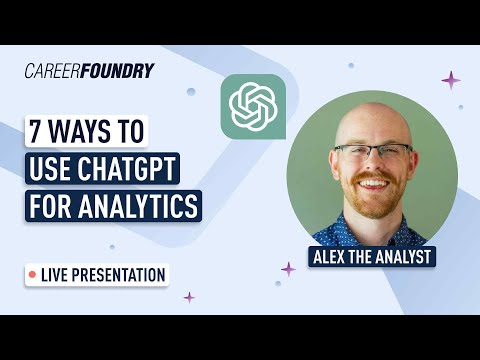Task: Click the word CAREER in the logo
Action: click(x=49, y=71)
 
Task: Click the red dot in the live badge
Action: click(x=33, y=273)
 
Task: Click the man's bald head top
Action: click(x=372, y=115)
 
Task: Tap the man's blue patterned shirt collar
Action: click(x=350, y=221)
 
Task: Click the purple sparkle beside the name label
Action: click(x=288, y=268)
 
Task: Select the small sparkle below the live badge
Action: click(x=188, y=297)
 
